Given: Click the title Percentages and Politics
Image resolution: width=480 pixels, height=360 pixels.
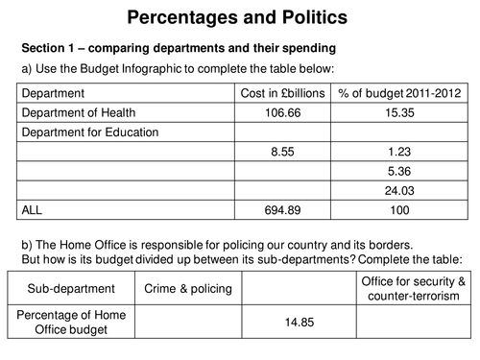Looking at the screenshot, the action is pyautogui.click(x=239, y=17).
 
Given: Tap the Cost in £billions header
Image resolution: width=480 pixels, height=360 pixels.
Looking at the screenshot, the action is pyautogui.click(x=282, y=94).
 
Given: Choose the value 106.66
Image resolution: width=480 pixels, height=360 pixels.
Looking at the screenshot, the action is pyautogui.click(x=281, y=113).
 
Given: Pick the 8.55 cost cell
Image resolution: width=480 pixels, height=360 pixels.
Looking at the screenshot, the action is pyautogui.click(x=281, y=151).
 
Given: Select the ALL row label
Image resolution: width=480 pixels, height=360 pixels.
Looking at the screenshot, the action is pyautogui.click(x=33, y=207).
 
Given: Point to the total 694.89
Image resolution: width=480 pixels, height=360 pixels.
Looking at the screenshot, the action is pyautogui.click(x=281, y=207).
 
